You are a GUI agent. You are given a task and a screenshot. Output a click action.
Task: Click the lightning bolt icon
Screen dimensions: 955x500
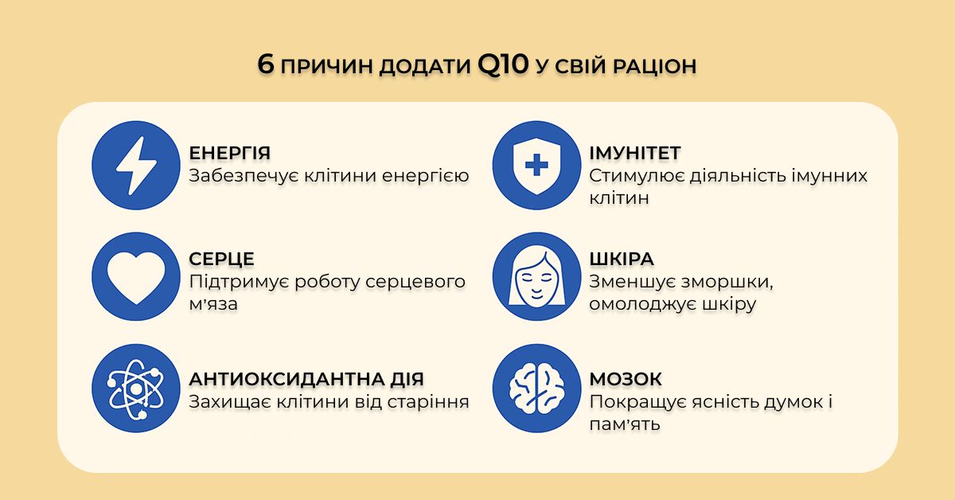pyautogui.click(x=136, y=166)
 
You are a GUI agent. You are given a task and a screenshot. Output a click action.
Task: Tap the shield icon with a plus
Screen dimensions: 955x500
pyautogui.click(x=536, y=166)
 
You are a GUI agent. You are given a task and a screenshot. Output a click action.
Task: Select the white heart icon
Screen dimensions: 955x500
pyautogui.click(x=136, y=277)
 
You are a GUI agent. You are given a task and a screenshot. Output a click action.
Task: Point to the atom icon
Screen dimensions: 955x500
pyautogui.click(x=136, y=389)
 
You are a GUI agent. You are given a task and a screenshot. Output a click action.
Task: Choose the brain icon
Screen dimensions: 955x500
pyautogui.click(x=536, y=389)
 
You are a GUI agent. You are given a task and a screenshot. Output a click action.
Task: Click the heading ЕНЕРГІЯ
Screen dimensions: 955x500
pyautogui.click(x=229, y=153)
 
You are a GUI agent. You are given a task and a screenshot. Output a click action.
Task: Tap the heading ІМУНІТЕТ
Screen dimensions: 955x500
pyautogui.click(x=635, y=153)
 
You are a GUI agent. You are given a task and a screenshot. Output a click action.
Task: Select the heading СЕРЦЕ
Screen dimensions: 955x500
pyautogui.click(x=221, y=259)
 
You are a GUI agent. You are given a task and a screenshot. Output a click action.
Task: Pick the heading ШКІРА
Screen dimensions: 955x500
pyautogui.click(x=622, y=259)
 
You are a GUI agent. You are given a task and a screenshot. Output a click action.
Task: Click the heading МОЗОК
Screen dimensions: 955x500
pyautogui.click(x=626, y=379)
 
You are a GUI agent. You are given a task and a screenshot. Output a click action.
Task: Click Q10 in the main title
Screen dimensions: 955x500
pyautogui.click(x=503, y=64)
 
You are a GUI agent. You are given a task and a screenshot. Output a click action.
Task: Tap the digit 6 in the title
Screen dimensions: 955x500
pyautogui.click(x=266, y=64)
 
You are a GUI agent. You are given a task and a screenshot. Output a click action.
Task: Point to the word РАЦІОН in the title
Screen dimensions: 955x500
pyautogui.click(x=654, y=67)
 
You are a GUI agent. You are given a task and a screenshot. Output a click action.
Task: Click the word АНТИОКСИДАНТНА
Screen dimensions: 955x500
pyautogui.click(x=286, y=379)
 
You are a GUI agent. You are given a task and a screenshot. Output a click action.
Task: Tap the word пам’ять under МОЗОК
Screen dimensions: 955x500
pyautogui.click(x=625, y=424)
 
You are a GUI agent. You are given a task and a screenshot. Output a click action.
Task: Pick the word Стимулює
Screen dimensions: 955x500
pyautogui.click(x=636, y=176)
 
